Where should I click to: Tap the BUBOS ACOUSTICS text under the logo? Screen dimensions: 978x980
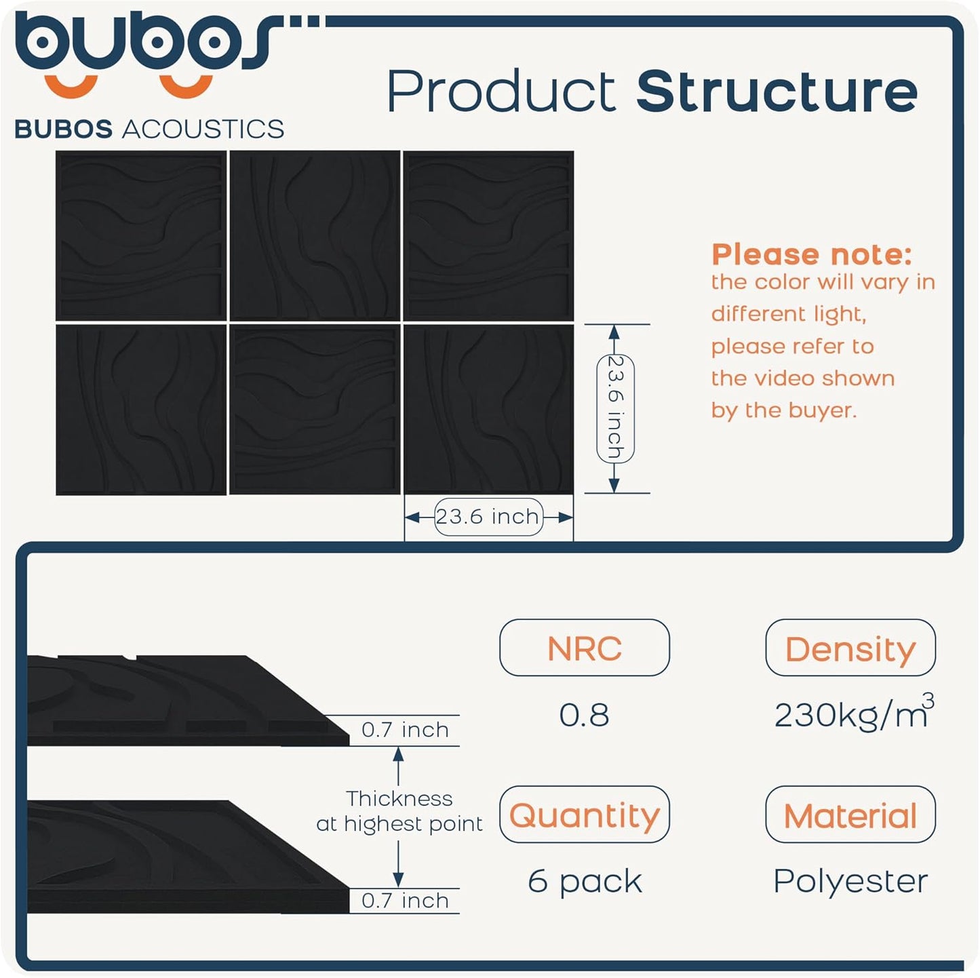coord(149,129)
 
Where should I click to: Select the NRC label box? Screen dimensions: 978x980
coord(584,648)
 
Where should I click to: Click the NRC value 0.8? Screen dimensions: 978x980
coord(584,715)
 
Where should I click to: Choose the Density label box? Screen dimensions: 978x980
coord(850,648)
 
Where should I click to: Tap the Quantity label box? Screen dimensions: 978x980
coord(584,815)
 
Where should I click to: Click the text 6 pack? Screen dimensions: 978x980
coord(584,881)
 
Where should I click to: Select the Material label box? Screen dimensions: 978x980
coord(850,815)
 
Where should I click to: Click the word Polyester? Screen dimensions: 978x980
coord(850,881)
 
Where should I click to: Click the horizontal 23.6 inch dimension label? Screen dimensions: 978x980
coord(488,517)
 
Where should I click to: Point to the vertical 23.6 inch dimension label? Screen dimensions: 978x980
coord(615,408)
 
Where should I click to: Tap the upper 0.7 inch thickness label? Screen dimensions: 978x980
coord(405,730)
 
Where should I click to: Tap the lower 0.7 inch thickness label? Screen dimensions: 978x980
coord(405,901)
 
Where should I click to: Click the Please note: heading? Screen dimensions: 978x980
coord(811,255)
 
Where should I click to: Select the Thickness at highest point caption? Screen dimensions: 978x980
coord(399,810)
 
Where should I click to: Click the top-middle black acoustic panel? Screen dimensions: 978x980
coord(315,235)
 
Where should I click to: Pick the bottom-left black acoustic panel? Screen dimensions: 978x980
coord(141,410)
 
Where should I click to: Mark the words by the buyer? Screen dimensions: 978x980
coord(783,410)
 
